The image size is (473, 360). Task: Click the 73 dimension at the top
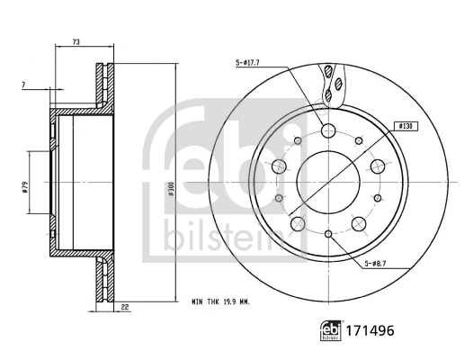coord(76,42)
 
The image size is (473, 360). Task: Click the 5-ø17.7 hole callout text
coord(248,62)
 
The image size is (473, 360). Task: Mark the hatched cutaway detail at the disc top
coord(332,83)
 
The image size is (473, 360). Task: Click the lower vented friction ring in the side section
coord(104,274)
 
